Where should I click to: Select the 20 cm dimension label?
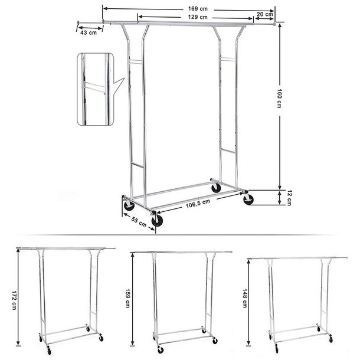(x=265, y=14)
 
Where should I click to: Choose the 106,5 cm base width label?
(x=198, y=204)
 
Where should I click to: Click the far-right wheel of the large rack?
(x=248, y=199)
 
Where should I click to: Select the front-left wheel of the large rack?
(x=128, y=205)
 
